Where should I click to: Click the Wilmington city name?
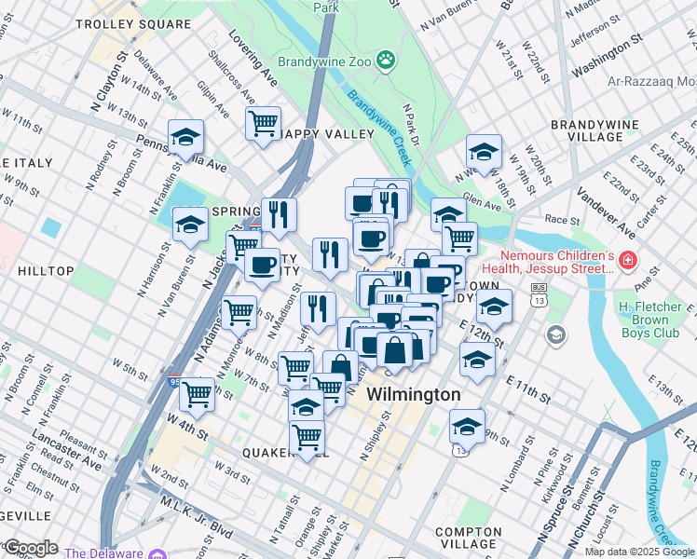coord(413,395)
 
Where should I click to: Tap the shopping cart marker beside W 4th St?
coord(197,394)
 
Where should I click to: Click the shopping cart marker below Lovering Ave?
coord(264,122)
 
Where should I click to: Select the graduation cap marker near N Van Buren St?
coord(191,225)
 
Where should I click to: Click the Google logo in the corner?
coord(31,548)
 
